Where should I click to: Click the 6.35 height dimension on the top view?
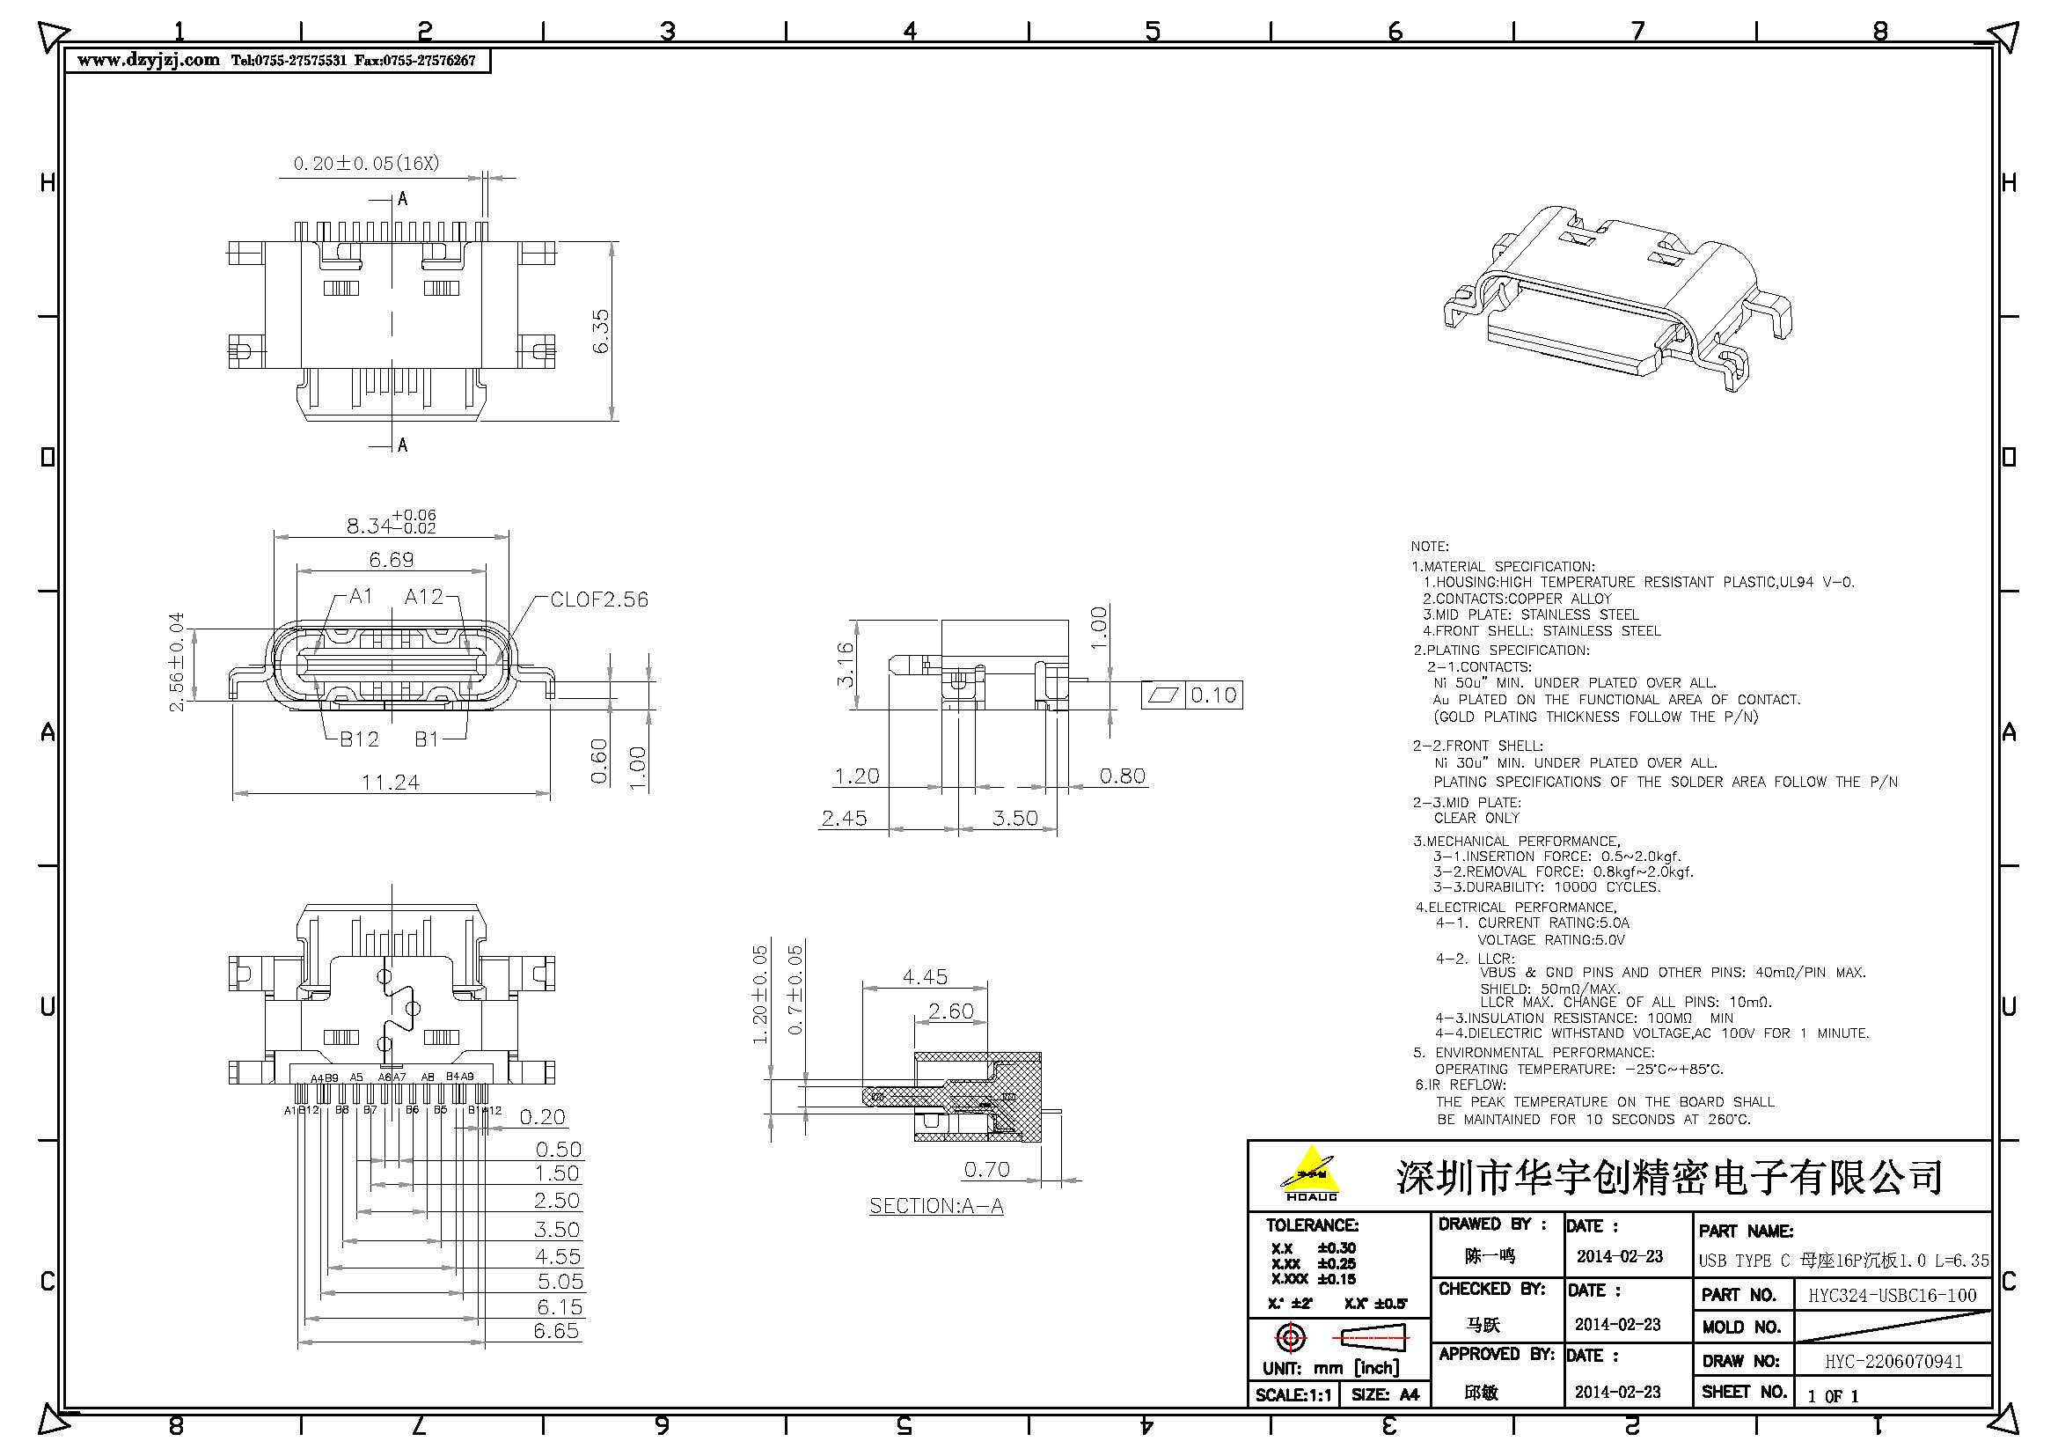601,331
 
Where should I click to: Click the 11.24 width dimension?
390,782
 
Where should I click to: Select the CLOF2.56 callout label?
599,599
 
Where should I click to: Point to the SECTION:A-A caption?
936,1206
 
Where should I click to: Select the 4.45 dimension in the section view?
924,976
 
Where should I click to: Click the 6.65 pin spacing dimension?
556,1330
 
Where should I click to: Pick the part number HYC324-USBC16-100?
1892,1296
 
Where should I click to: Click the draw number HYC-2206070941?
1893,1361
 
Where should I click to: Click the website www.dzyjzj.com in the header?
148,60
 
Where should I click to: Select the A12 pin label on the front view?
423,596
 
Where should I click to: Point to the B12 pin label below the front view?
358,739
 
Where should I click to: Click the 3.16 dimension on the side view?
845,665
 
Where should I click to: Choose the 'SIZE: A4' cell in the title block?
1385,1394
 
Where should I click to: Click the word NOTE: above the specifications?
1429,546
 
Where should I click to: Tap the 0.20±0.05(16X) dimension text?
366,163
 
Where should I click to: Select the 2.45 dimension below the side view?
844,818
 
